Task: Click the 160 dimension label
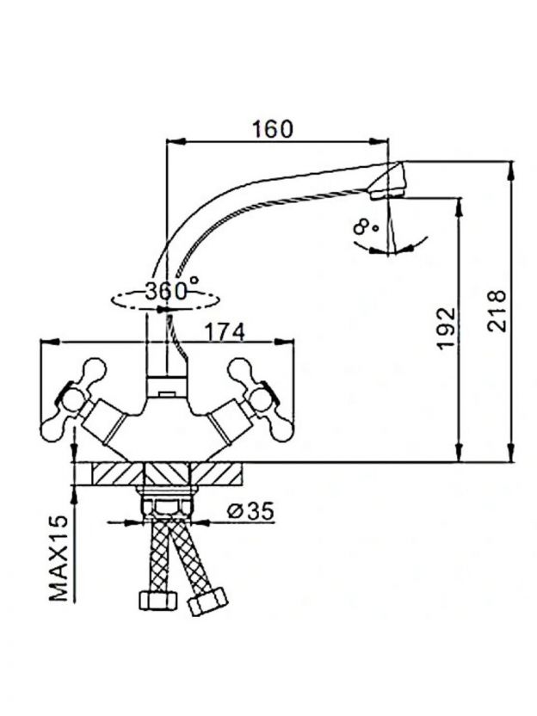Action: click(273, 129)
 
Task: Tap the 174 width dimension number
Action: click(225, 332)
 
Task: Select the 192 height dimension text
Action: click(446, 329)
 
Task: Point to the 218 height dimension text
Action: click(497, 311)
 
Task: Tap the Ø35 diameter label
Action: click(250, 511)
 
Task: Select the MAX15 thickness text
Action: click(59, 558)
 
